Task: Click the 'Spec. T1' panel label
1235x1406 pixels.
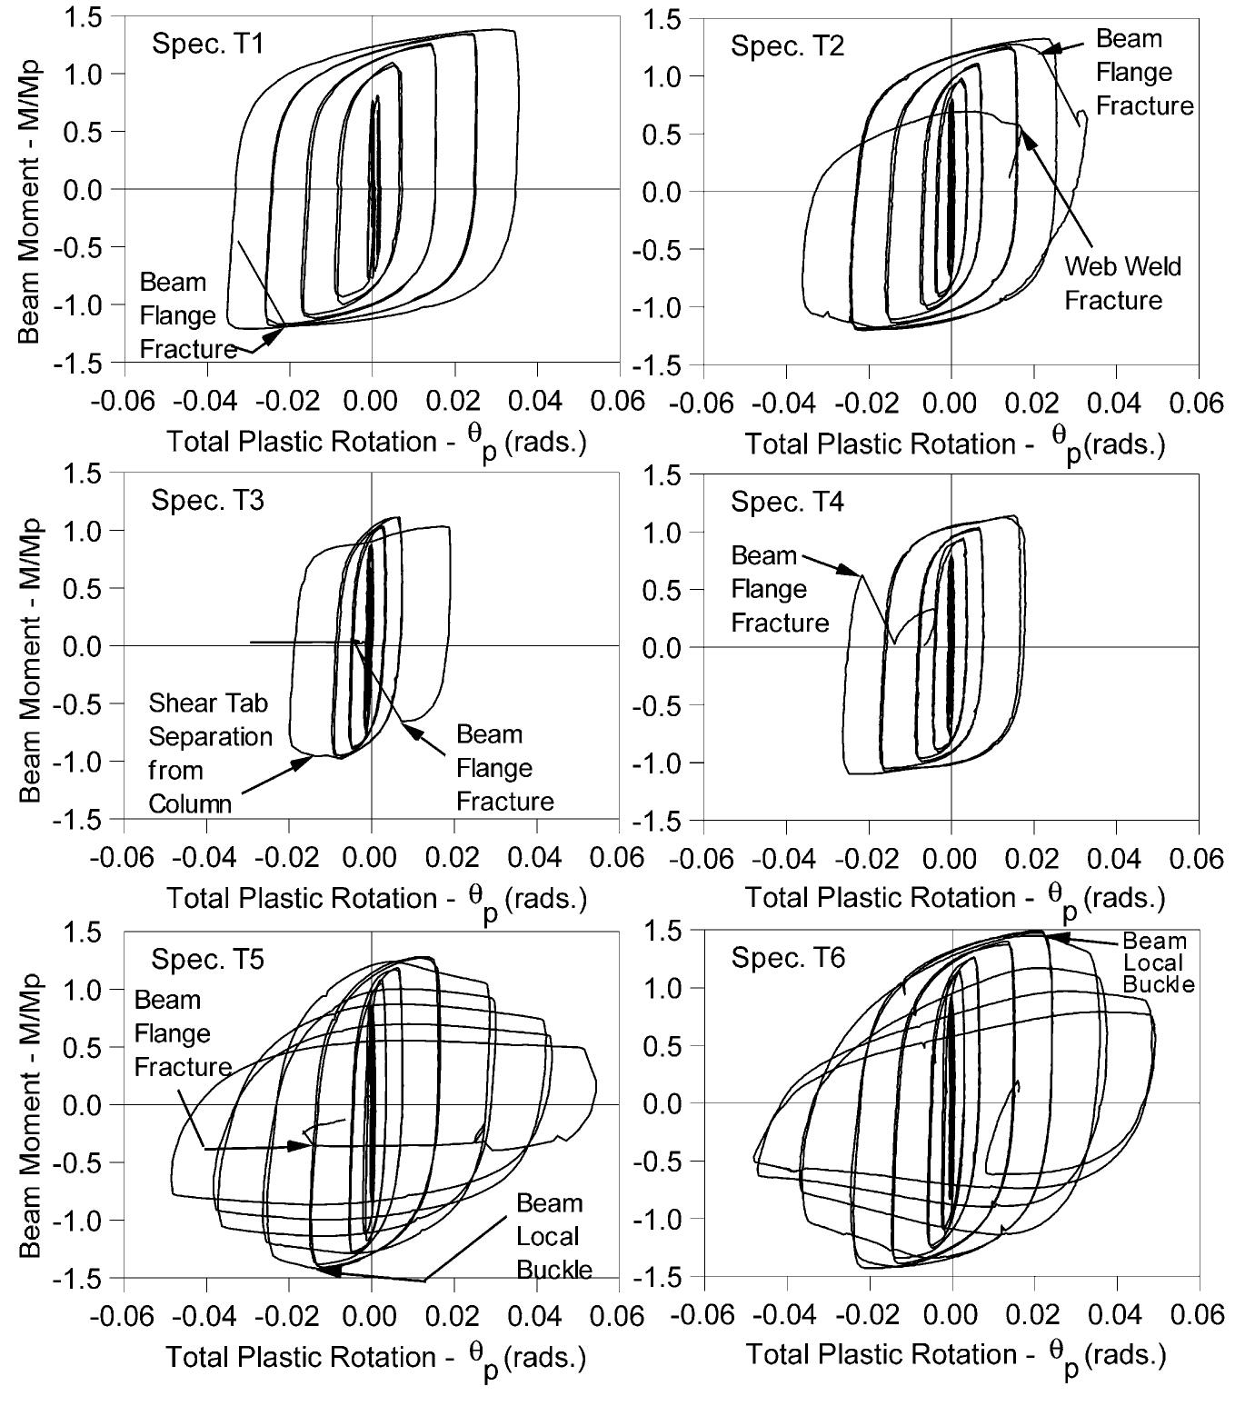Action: [208, 44]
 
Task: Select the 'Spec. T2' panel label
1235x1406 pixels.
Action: [787, 45]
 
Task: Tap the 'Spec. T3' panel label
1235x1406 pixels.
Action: [208, 500]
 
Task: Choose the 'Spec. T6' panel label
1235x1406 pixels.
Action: [787, 958]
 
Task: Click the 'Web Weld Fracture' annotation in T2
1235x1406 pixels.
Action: [1122, 283]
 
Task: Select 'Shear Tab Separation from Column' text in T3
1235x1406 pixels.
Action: [210, 753]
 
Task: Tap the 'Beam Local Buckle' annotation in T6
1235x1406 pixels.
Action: [1154, 962]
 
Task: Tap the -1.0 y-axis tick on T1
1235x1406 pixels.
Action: [89, 304]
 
